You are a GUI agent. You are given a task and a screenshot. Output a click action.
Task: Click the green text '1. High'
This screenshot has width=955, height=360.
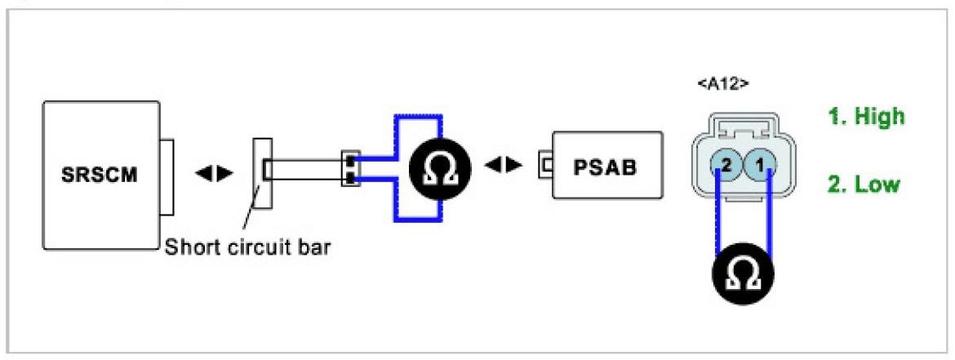[x=867, y=117]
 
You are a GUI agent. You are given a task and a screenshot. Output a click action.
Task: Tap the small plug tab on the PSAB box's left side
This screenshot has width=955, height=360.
[x=544, y=167]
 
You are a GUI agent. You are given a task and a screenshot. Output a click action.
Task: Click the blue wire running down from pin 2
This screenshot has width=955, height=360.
[x=718, y=216]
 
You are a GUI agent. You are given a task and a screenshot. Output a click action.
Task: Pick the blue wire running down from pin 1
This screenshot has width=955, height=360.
[x=770, y=216]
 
